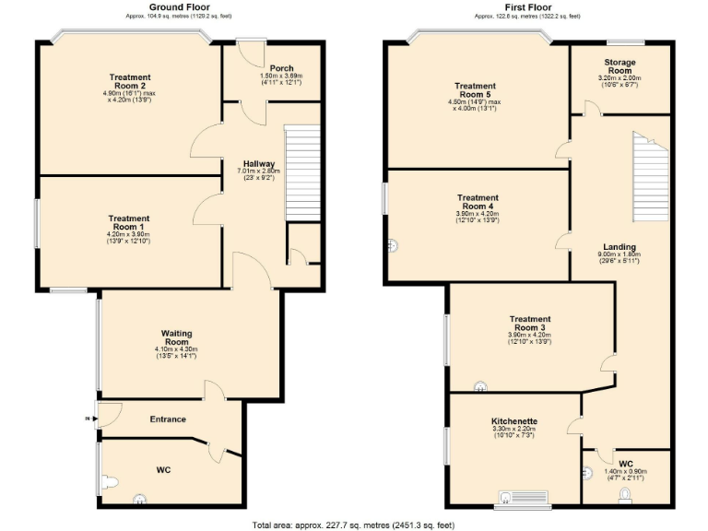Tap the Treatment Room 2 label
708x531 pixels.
(x=129, y=82)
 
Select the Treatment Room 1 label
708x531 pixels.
(x=129, y=222)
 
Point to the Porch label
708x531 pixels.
(x=282, y=68)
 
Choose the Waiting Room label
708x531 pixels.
(x=175, y=337)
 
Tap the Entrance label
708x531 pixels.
(x=168, y=419)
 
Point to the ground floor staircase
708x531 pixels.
(x=301, y=173)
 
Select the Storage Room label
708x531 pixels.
(x=619, y=66)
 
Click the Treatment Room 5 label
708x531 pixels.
(x=476, y=90)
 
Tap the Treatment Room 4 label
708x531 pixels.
(x=478, y=202)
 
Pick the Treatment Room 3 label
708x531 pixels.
(x=529, y=324)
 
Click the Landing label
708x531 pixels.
(x=619, y=247)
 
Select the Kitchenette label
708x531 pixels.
(x=514, y=421)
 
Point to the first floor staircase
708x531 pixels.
(x=650, y=175)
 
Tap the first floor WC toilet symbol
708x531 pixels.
(x=627, y=495)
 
